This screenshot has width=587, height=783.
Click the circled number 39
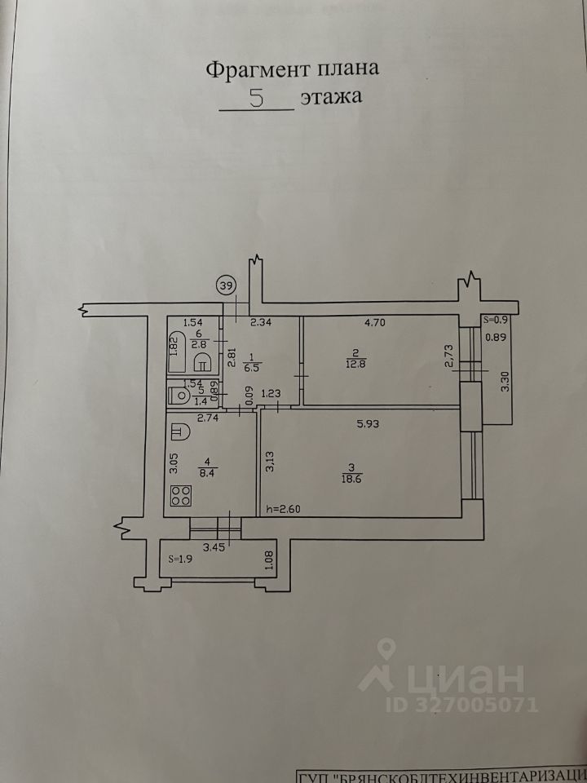tap(227, 285)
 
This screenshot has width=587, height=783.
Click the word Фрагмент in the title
tap(252, 69)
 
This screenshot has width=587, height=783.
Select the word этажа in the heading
tap(329, 98)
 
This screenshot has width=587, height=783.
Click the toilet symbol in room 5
tap(179, 395)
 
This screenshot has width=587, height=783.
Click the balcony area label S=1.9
tap(179, 559)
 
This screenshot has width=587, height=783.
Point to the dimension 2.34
tap(261, 323)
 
